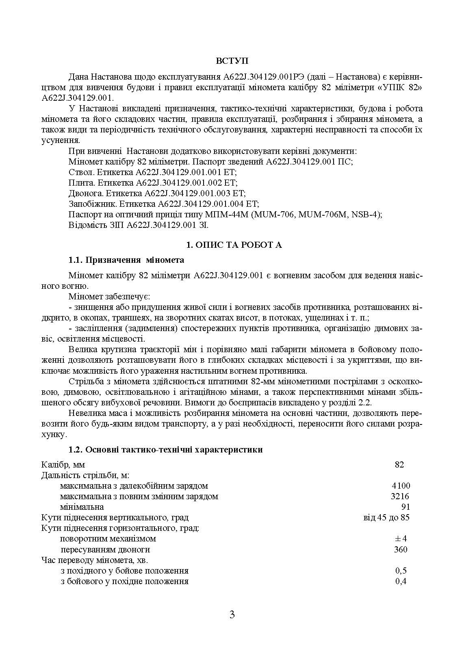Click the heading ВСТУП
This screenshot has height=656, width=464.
click(x=232, y=61)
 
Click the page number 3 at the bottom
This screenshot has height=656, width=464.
click(x=232, y=615)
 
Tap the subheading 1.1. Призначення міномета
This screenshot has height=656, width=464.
click(x=126, y=260)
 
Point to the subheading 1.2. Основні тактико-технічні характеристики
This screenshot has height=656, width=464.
click(x=166, y=450)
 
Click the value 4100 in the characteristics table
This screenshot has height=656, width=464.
click(x=401, y=486)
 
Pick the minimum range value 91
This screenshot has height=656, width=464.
click(x=405, y=507)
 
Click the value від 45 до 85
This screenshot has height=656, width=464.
click(x=386, y=517)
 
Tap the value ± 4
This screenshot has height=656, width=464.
click(x=401, y=539)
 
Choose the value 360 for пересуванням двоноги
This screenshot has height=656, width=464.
click(x=401, y=550)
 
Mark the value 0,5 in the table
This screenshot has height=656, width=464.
click(x=401, y=571)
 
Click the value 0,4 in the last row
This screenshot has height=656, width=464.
click(x=401, y=581)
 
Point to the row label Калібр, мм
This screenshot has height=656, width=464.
click(x=63, y=465)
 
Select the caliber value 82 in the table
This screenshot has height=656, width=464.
click(x=399, y=465)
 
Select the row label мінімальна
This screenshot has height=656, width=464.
click(x=82, y=507)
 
